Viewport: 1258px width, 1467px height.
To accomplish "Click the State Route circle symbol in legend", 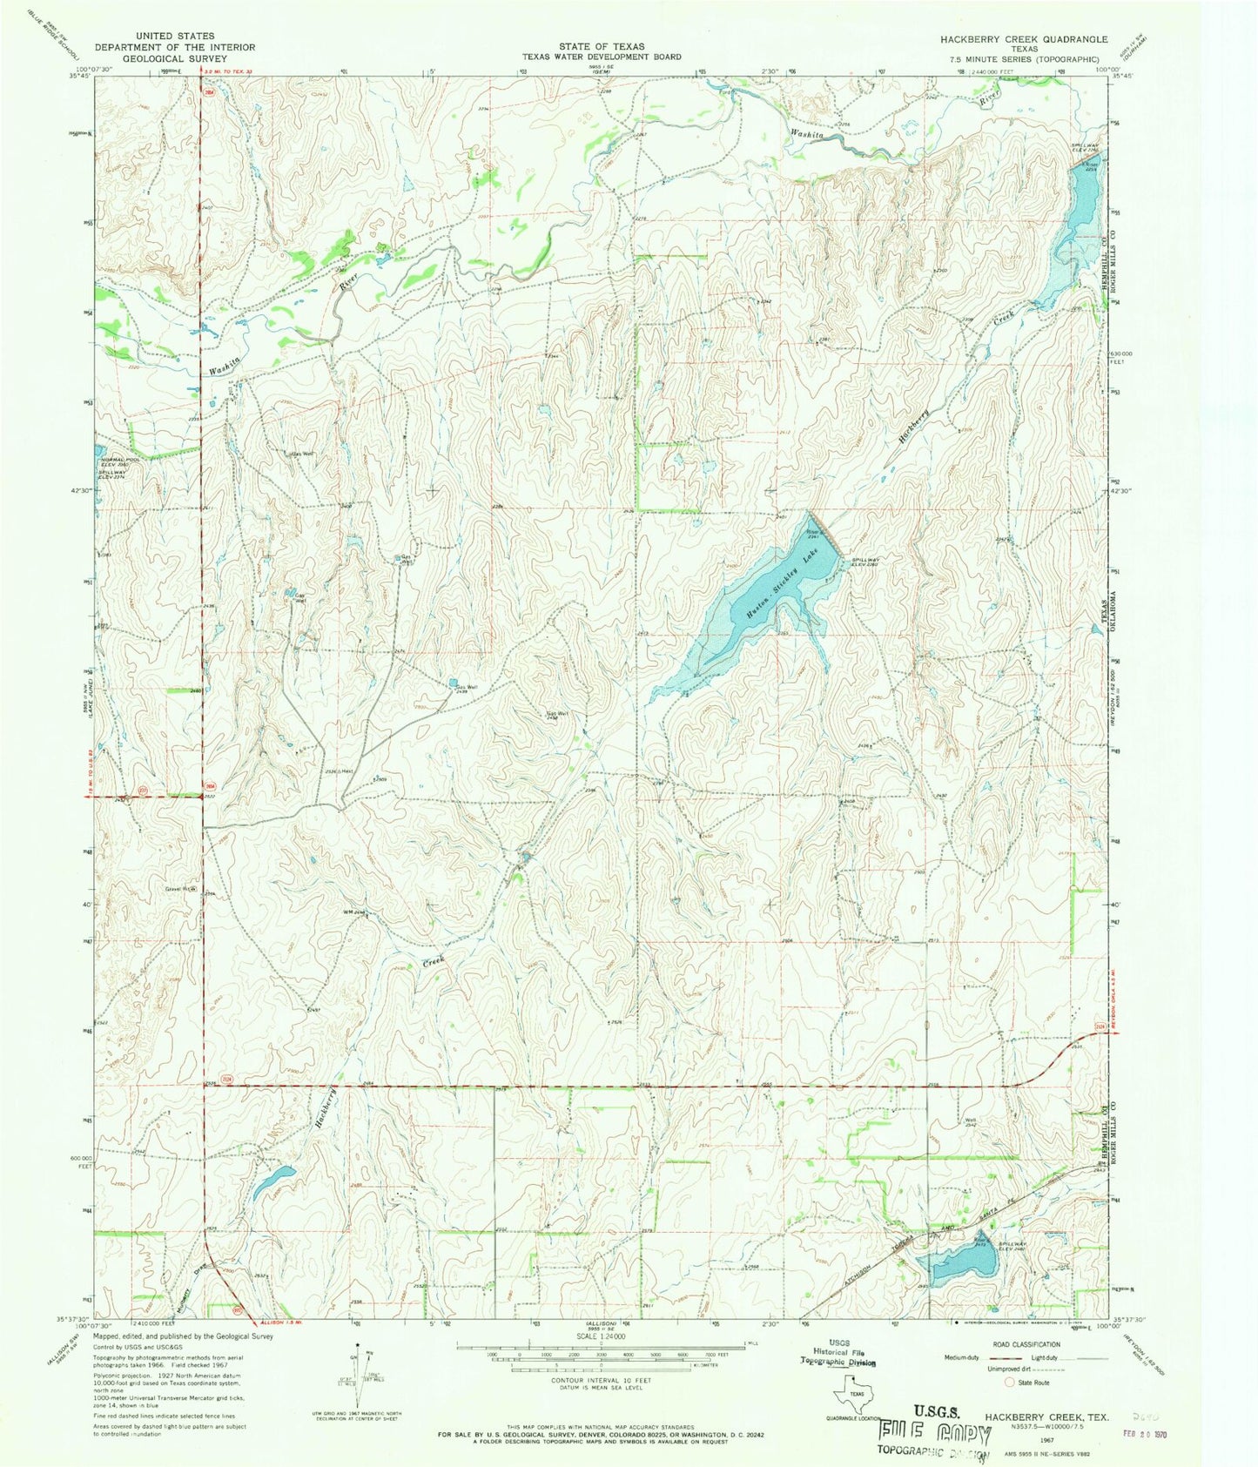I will [1010, 1382].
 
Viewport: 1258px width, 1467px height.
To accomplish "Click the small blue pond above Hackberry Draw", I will [273, 1182].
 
